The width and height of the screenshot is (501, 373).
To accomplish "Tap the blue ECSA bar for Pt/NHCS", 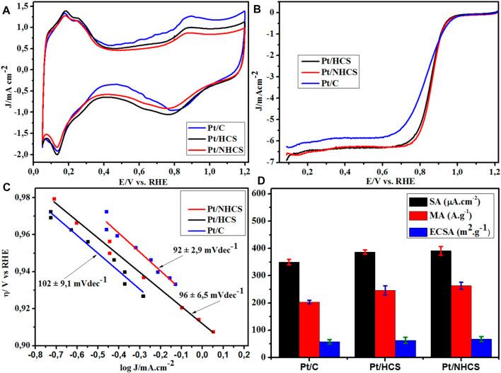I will coord(461,348).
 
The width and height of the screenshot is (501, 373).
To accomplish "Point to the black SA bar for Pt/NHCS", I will coord(431,304).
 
